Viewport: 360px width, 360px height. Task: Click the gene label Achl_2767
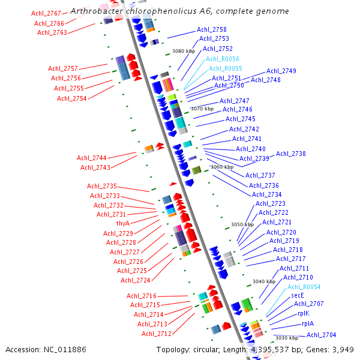tap(46, 13)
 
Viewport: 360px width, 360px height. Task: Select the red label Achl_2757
tap(63, 68)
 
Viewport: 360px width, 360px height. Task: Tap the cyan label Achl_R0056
tap(223, 59)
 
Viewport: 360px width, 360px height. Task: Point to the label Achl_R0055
tap(226, 68)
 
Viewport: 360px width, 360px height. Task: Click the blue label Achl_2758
tap(212, 29)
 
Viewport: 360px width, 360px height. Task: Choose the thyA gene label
tap(123, 223)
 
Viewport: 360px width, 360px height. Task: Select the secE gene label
tap(298, 295)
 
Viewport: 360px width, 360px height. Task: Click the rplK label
tap(303, 313)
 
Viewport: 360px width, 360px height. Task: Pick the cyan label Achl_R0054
tap(304, 287)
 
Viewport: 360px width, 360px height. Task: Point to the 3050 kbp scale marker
tap(242, 224)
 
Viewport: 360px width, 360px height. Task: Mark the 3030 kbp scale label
tap(286, 338)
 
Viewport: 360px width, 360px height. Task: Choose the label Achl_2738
tap(291, 154)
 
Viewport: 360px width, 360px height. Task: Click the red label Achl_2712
tap(157, 334)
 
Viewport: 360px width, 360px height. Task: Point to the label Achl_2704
tap(322, 335)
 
